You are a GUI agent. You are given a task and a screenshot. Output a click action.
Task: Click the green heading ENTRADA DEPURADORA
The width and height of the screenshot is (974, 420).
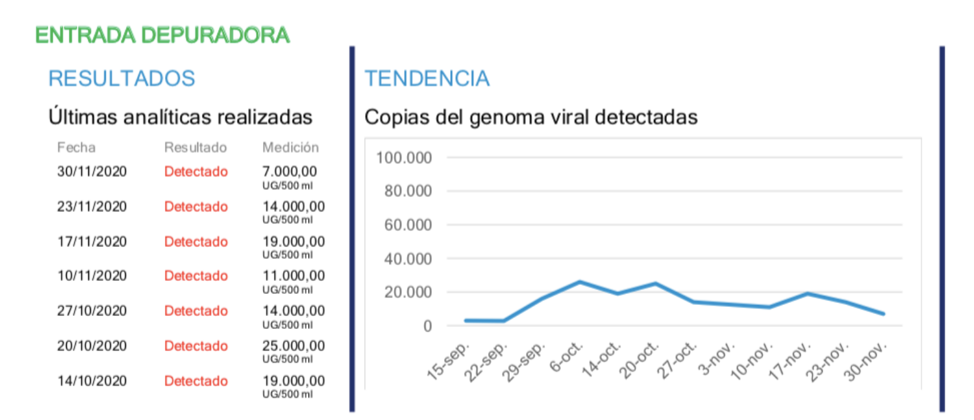[x=162, y=35]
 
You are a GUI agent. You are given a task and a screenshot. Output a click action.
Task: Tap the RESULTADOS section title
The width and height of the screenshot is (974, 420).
[x=121, y=78]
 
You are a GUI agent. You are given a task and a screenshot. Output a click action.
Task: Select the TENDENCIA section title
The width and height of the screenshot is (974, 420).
[x=427, y=78]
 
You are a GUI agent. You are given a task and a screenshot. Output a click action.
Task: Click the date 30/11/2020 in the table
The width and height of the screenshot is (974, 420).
[x=92, y=172]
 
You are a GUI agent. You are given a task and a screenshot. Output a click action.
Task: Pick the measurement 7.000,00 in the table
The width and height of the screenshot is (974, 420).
[x=290, y=172]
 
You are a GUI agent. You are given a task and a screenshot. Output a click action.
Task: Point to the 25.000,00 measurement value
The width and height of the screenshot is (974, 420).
[x=293, y=345]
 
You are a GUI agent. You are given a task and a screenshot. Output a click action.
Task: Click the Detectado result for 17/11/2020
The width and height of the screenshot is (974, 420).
[x=196, y=241]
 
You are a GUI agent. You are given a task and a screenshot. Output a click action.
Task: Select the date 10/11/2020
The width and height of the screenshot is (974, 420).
[x=92, y=276]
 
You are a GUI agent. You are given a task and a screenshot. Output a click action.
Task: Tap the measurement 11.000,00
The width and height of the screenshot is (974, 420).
[x=293, y=276]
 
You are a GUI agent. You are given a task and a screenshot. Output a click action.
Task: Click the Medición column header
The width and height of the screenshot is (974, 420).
[x=290, y=148]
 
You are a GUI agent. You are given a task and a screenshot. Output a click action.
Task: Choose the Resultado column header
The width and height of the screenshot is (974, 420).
[x=195, y=148]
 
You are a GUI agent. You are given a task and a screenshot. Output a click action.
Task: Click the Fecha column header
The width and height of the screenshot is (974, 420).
[x=76, y=148]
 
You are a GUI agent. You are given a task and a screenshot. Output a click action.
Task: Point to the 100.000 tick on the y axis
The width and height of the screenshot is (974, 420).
[x=404, y=158]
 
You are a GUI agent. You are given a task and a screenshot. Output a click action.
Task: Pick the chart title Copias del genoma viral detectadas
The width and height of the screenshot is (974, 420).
[x=531, y=117]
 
